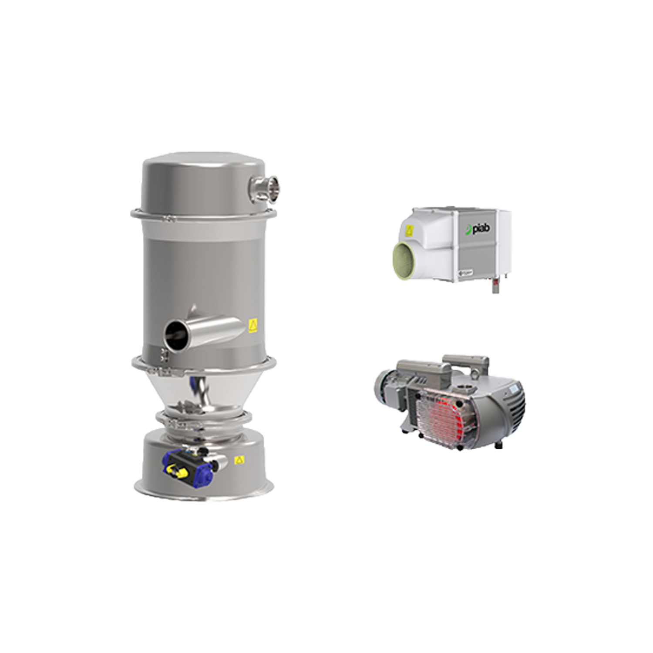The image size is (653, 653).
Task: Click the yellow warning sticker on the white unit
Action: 410,229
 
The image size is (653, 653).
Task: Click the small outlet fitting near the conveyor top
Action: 265,186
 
